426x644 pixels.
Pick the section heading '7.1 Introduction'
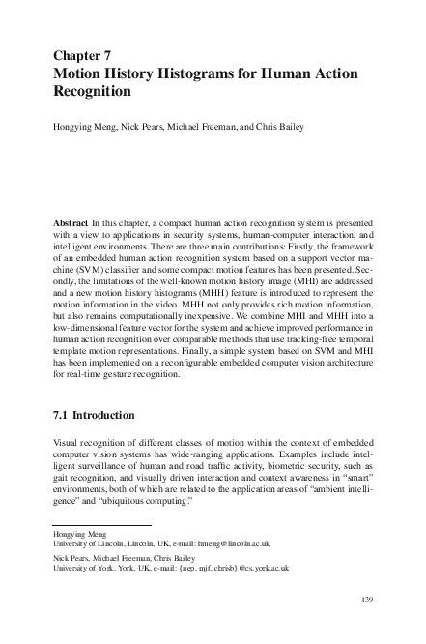[x=94, y=416]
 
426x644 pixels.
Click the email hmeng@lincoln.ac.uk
[x=239, y=544]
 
